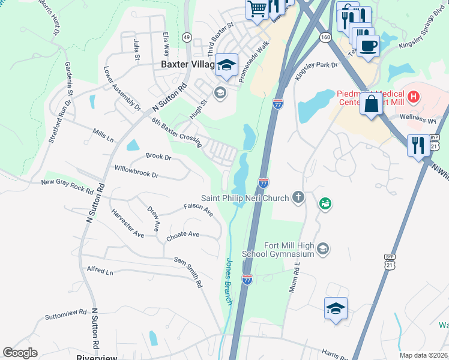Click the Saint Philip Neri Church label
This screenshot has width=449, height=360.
point(245,197)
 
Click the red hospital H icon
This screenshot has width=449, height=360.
point(413,95)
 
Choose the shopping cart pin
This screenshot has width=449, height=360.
point(257,9)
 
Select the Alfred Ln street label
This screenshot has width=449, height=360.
point(100,271)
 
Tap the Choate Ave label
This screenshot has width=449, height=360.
point(182,235)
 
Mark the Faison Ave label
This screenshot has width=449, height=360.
point(198,211)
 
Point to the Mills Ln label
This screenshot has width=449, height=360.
point(103,135)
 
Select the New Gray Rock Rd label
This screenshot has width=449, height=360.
point(67,187)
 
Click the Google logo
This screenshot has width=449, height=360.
point(20,353)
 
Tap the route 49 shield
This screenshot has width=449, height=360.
point(187,37)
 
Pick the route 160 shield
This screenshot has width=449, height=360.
point(325,37)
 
